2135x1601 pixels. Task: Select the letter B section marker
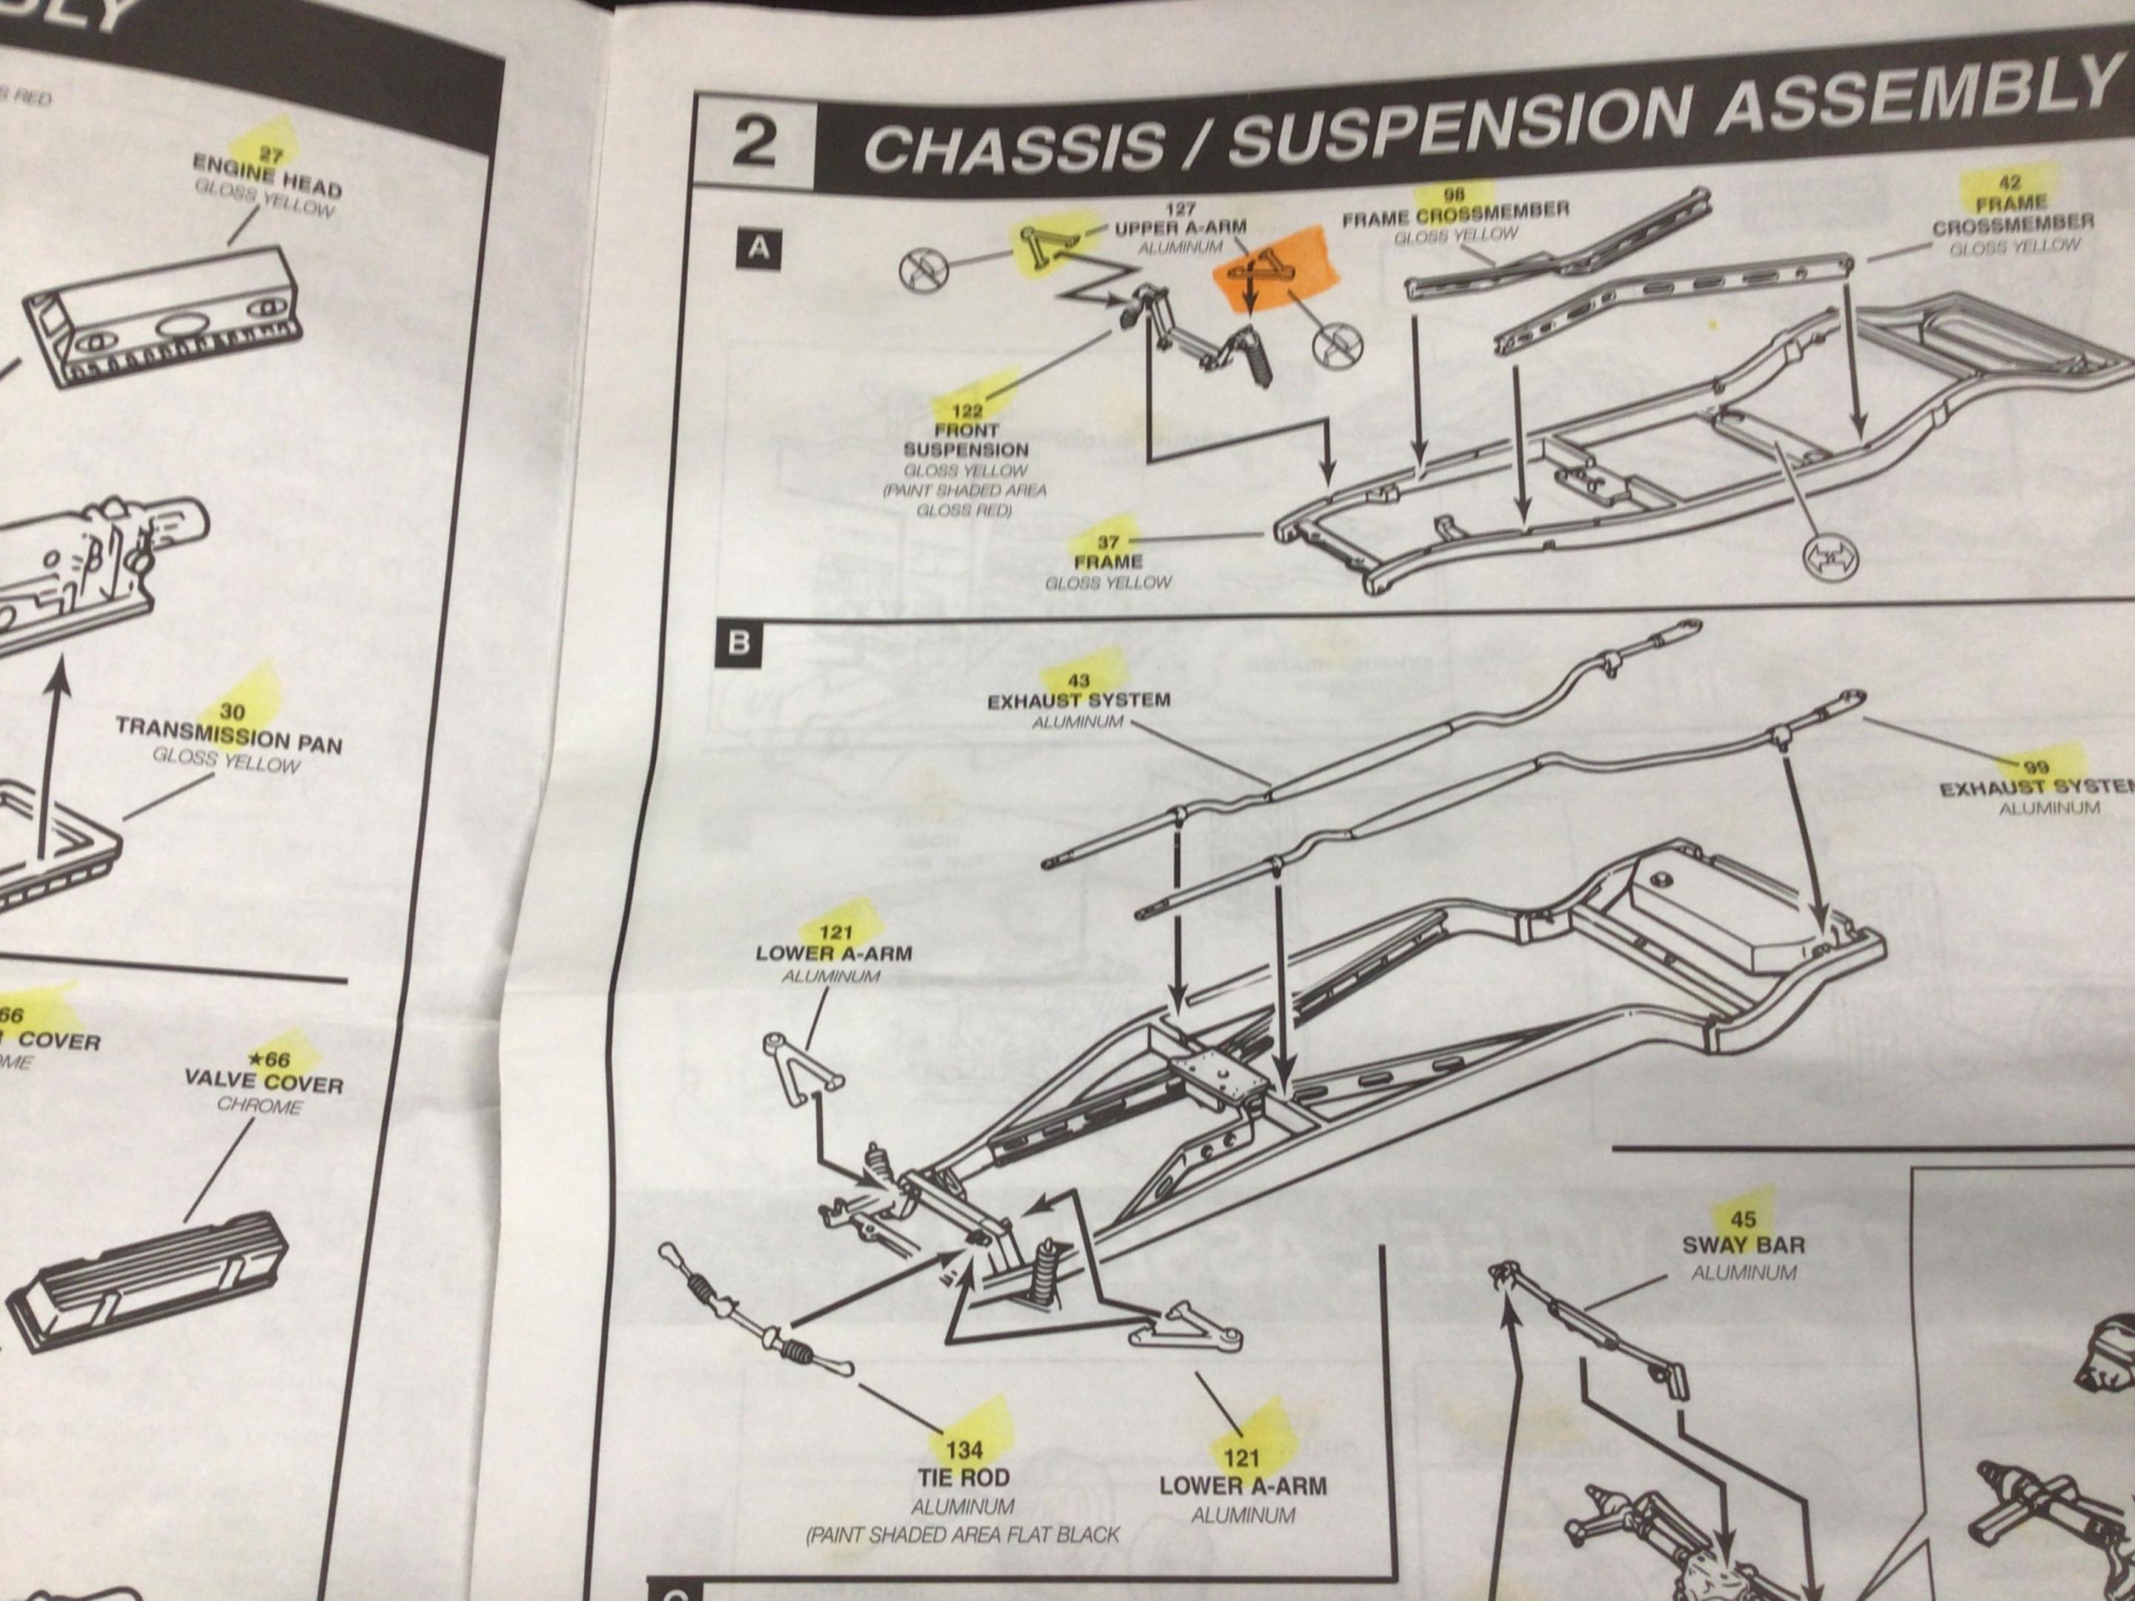point(739,643)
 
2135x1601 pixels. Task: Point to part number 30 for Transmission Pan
point(233,712)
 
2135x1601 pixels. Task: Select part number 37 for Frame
point(1108,543)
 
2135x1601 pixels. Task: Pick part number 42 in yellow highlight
point(2010,182)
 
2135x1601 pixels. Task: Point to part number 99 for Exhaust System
point(2036,768)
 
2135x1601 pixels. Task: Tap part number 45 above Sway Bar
point(1743,1220)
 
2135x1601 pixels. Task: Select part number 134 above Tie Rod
point(964,1450)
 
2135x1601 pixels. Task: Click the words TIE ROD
point(963,1477)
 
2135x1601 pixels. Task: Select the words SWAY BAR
point(1743,1245)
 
